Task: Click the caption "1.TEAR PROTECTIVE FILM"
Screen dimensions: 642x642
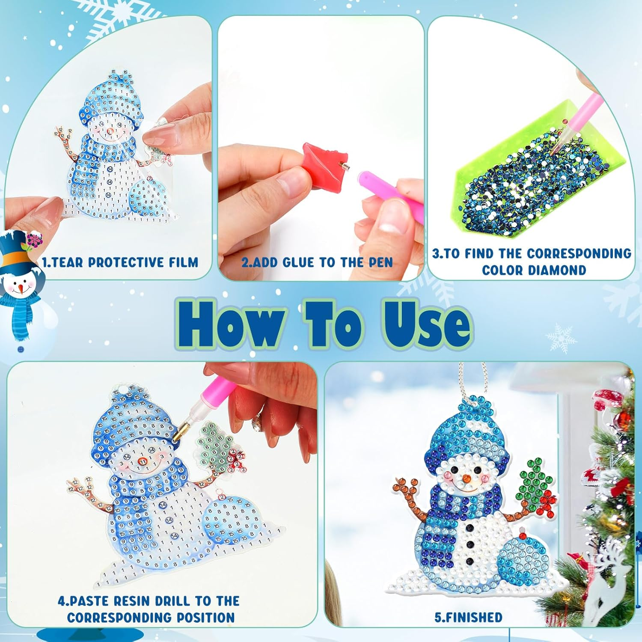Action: (x=120, y=262)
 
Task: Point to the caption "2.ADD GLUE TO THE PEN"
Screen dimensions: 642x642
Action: (x=317, y=262)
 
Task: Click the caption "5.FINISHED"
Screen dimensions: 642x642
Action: (x=468, y=617)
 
